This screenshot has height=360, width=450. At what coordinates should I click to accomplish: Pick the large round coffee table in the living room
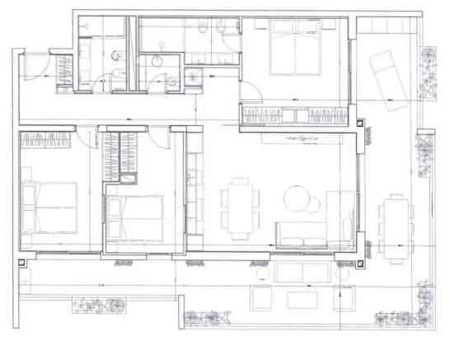298,199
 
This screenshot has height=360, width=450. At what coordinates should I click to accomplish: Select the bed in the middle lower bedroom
134,216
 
